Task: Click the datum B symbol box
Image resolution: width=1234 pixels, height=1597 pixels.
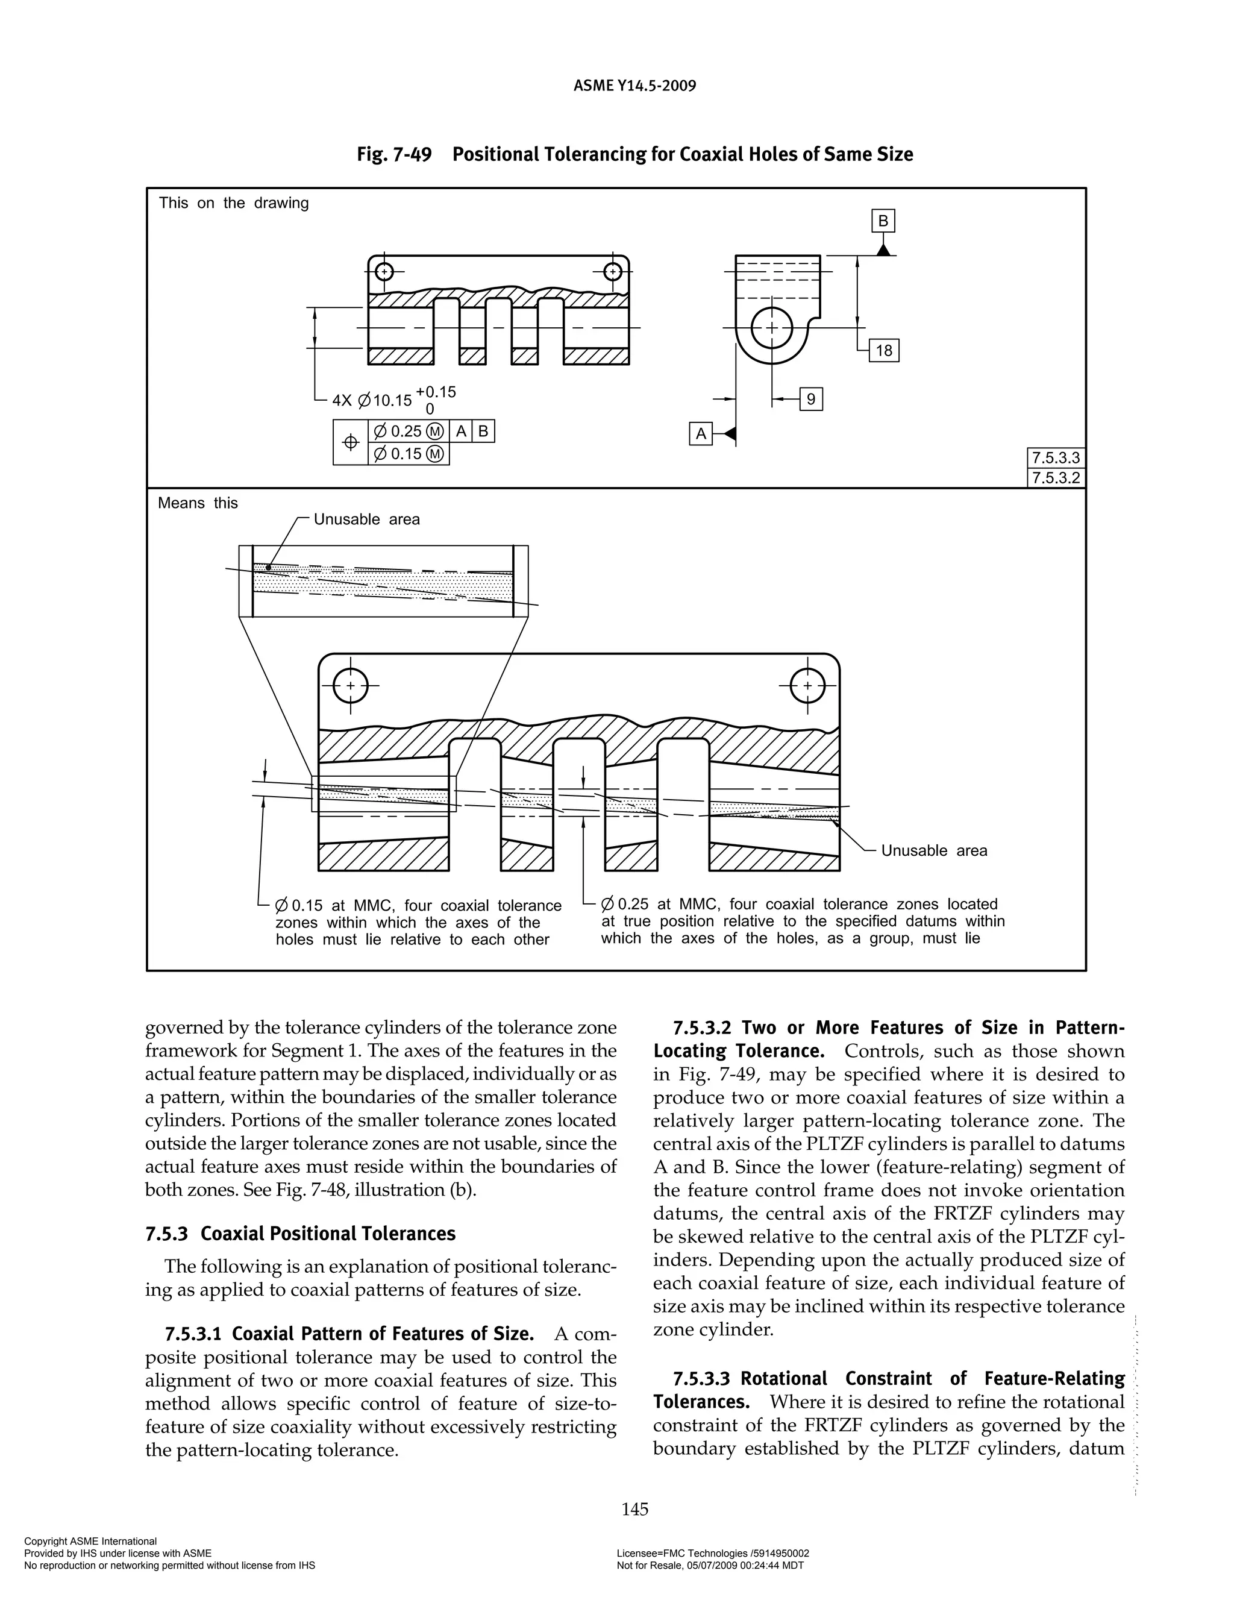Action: [x=883, y=221]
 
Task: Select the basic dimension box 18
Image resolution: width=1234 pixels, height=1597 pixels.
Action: [x=884, y=350]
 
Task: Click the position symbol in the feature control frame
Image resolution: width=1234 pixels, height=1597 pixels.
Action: [x=350, y=442]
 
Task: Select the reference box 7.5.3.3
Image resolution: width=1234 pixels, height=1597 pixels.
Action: [x=1055, y=459]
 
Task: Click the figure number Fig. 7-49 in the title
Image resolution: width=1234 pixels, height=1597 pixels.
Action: [x=394, y=155]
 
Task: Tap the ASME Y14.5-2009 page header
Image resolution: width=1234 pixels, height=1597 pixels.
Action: [x=634, y=86]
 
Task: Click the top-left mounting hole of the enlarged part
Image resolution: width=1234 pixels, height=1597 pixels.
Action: [x=350, y=686]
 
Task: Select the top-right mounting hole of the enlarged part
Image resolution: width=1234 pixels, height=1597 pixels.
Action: [x=807, y=686]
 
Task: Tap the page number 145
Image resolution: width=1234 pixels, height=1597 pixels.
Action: [x=634, y=1508]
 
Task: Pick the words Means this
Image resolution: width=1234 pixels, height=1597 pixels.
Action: [x=198, y=503]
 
